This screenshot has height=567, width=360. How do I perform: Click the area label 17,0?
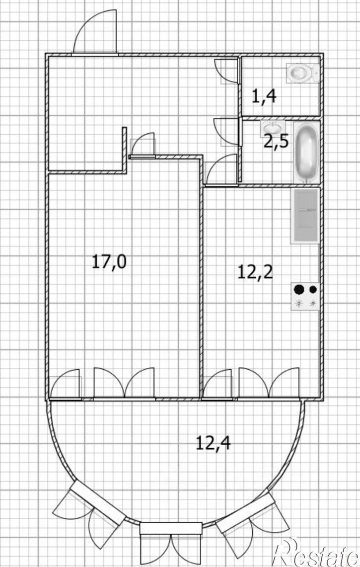coord(109,261)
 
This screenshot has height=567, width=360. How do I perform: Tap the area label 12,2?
coord(255,271)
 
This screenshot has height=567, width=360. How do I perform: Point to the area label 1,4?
coord(264,96)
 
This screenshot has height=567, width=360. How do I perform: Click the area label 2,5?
coord(276,142)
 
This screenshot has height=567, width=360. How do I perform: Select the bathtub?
coord(306,153)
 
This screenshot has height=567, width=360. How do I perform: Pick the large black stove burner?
coord(299,289)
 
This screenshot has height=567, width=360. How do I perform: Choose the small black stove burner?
coord(313,289)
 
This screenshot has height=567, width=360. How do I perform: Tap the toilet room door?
coord(227,71)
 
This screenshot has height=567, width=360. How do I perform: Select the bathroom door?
coord(227,132)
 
